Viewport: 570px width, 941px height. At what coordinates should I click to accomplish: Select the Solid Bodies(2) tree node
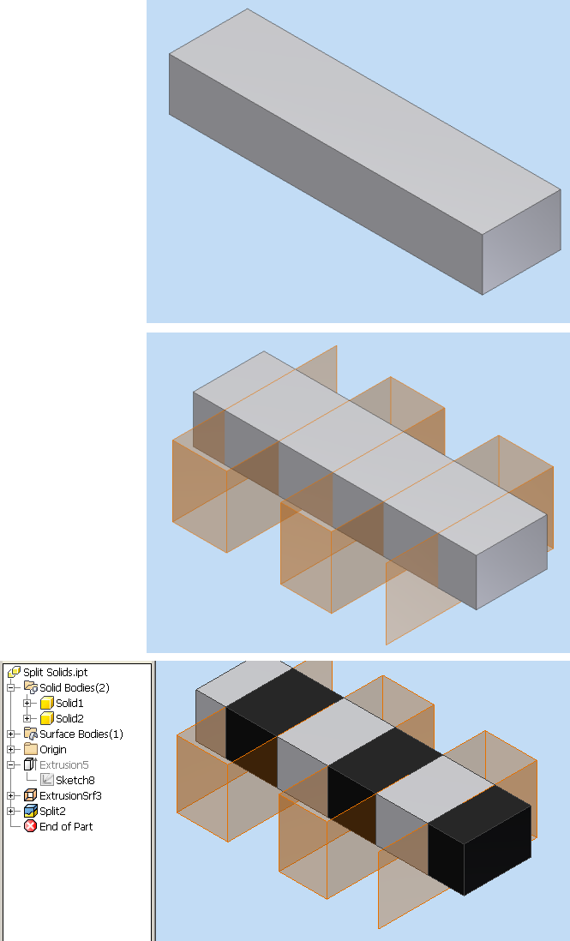74,687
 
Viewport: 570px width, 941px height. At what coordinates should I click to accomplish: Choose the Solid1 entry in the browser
69,703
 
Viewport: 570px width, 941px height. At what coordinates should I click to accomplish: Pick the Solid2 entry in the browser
69,718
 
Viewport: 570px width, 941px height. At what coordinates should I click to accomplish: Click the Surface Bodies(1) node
81,734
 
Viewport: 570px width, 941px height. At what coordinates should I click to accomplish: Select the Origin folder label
53,749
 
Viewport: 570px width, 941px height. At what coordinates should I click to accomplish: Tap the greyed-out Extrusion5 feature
63,764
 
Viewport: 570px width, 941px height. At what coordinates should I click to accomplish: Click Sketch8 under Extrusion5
75,780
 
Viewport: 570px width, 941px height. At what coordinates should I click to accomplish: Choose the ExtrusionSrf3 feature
70,795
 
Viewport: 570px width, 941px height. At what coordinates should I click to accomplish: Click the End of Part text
66,826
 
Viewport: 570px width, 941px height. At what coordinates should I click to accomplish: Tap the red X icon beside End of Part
31,826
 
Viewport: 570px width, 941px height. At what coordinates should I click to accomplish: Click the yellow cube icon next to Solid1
47,703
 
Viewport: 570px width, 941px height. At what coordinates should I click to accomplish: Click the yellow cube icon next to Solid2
47,718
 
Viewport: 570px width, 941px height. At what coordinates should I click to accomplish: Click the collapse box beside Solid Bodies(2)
11,687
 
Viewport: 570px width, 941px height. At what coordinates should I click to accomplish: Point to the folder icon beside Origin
31,749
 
